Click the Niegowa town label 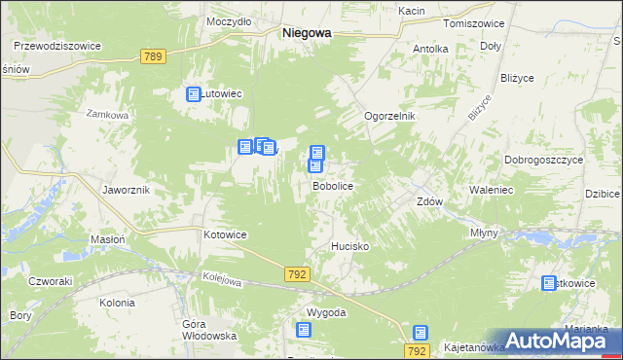tap(306, 32)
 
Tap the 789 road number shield tap(152, 57)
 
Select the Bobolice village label tap(332, 185)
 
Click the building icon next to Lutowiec tap(193, 94)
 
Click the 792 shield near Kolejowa tap(298, 275)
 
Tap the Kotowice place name tap(225, 234)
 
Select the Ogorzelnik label tap(389, 116)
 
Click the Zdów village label tap(429, 202)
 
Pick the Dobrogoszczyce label tap(543, 159)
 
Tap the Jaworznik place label tap(126, 190)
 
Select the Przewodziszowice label tap(57, 45)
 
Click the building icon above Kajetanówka tap(420, 333)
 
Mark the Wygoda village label tap(326, 312)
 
